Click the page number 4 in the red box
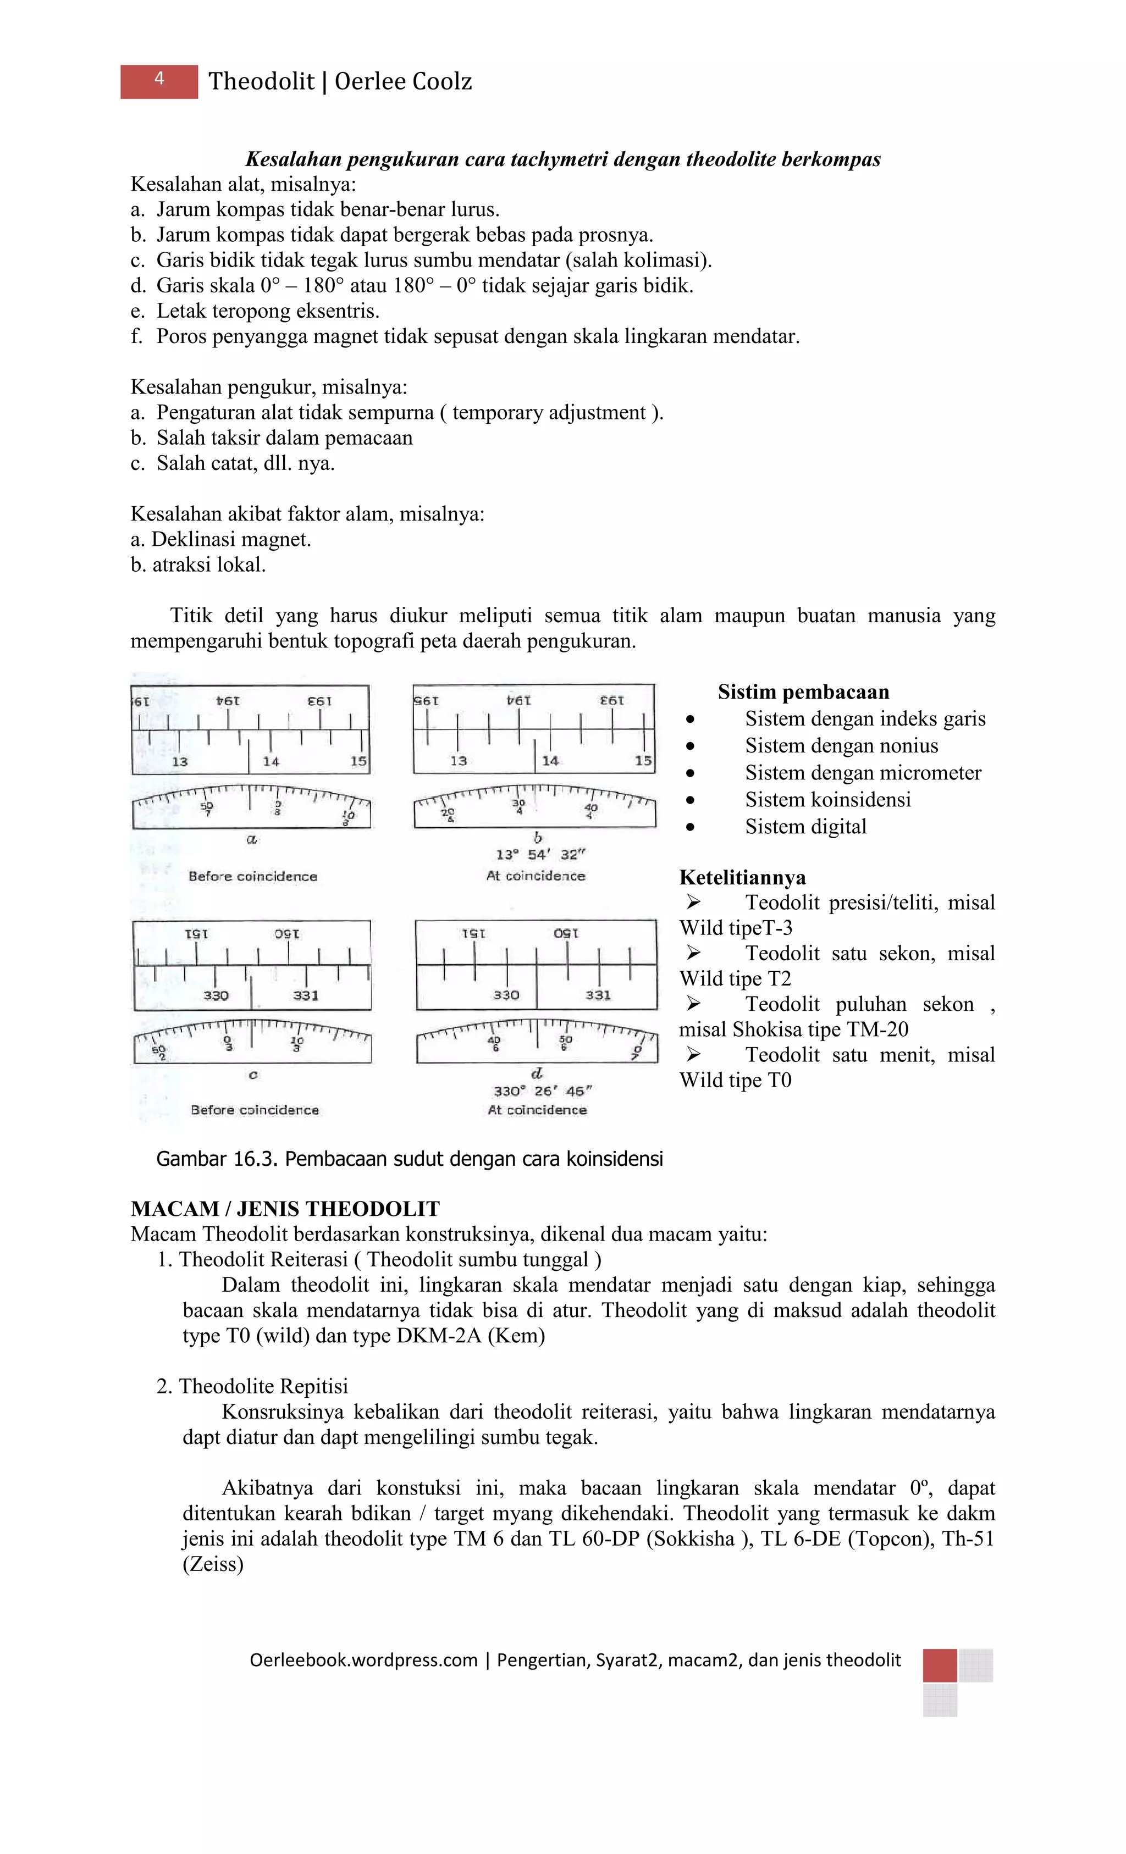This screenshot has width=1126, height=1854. click(x=159, y=79)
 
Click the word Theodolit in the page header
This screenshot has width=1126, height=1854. click(x=261, y=81)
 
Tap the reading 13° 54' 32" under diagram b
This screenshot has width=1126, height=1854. click(x=540, y=855)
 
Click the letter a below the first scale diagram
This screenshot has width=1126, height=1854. click(x=252, y=839)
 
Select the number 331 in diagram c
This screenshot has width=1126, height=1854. click(x=306, y=995)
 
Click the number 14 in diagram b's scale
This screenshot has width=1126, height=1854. click(x=550, y=761)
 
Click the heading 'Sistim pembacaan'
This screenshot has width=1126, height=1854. click(x=803, y=692)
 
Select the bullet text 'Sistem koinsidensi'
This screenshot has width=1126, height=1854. click(x=828, y=800)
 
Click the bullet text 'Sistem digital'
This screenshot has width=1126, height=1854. click(x=805, y=827)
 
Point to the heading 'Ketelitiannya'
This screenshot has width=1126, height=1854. click(x=742, y=877)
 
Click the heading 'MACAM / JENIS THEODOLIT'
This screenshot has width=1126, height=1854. click(x=285, y=1209)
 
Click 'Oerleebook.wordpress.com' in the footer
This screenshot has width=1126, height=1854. click(x=363, y=1661)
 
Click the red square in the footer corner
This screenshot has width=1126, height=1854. click(x=939, y=1665)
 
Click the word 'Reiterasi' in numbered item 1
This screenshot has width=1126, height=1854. click(x=308, y=1260)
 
